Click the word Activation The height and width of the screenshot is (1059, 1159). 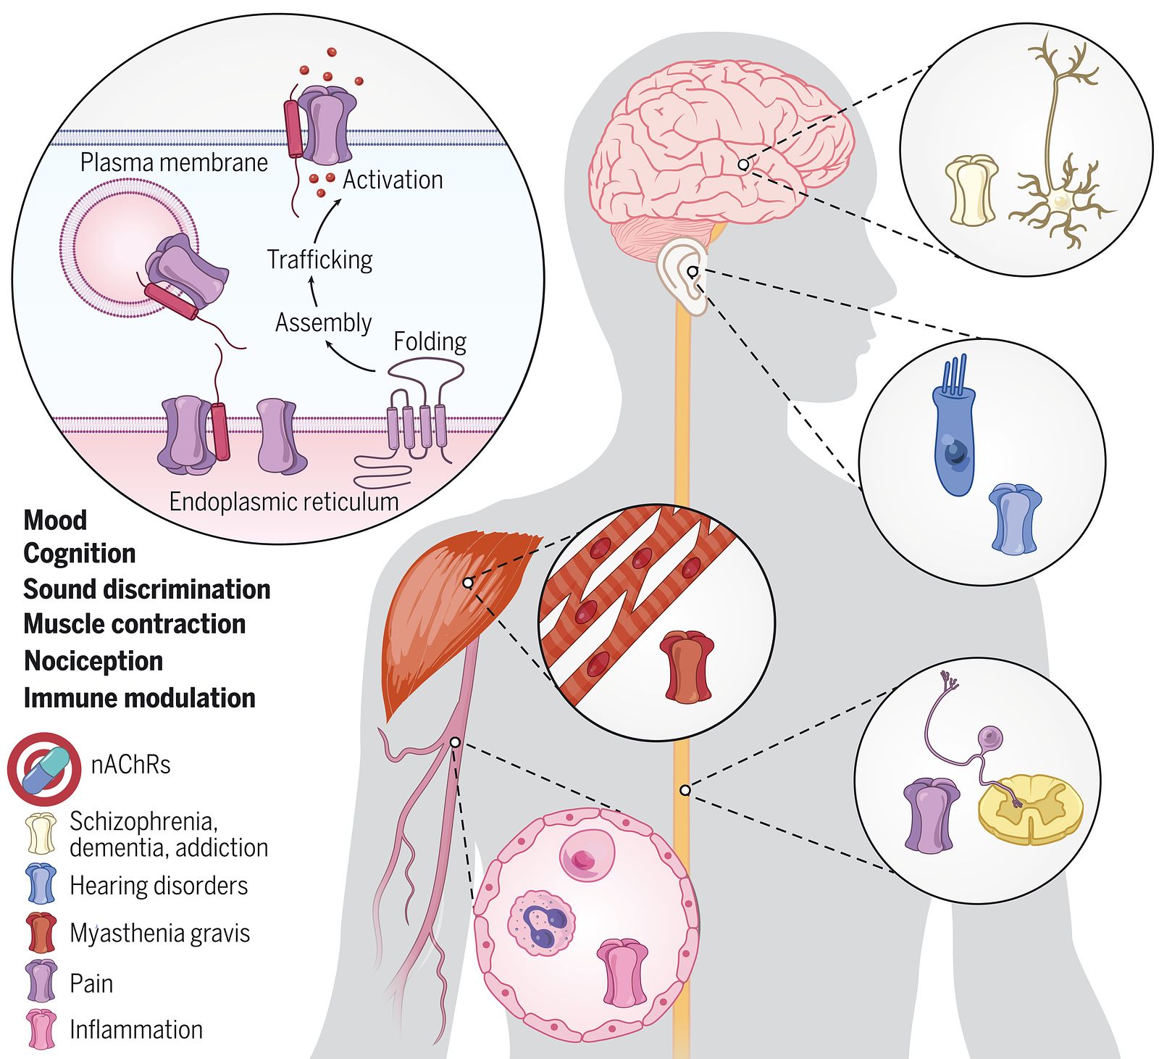(392, 180)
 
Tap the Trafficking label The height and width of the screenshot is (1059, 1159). (319, 259)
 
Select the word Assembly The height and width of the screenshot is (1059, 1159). (323, 323)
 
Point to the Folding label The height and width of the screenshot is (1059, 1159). (430, 341)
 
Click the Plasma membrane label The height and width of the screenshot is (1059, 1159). (174, 162)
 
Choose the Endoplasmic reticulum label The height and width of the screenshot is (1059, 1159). (283, 502)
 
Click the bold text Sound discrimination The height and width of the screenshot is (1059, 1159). (147, 589)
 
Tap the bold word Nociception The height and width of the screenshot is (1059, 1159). (93, 661)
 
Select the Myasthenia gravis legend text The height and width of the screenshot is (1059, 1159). (159, 933)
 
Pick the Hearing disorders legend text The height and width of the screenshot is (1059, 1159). (159, 886)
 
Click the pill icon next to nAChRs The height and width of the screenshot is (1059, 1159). (45, 769)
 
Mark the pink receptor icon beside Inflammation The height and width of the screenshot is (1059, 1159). (41, 1029)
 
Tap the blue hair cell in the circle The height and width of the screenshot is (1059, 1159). (955, 435)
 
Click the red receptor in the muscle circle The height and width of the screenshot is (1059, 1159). (687, 667)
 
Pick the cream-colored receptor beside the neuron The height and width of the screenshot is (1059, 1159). (971, 190)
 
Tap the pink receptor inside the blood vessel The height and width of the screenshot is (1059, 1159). (622, 973)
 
